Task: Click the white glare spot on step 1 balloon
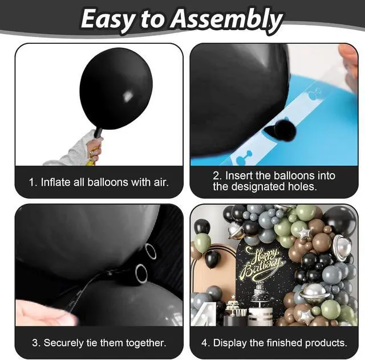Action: [x=127, y=96]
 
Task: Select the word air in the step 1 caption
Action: [x=161, y=182]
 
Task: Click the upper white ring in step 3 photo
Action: [x=151, y=251]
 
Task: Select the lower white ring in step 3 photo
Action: [x=141, y=273]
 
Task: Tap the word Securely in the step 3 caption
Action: [x=63, y=343]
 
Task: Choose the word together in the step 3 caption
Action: [x=146, y=343]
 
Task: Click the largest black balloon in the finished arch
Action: [x=340, y=220]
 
